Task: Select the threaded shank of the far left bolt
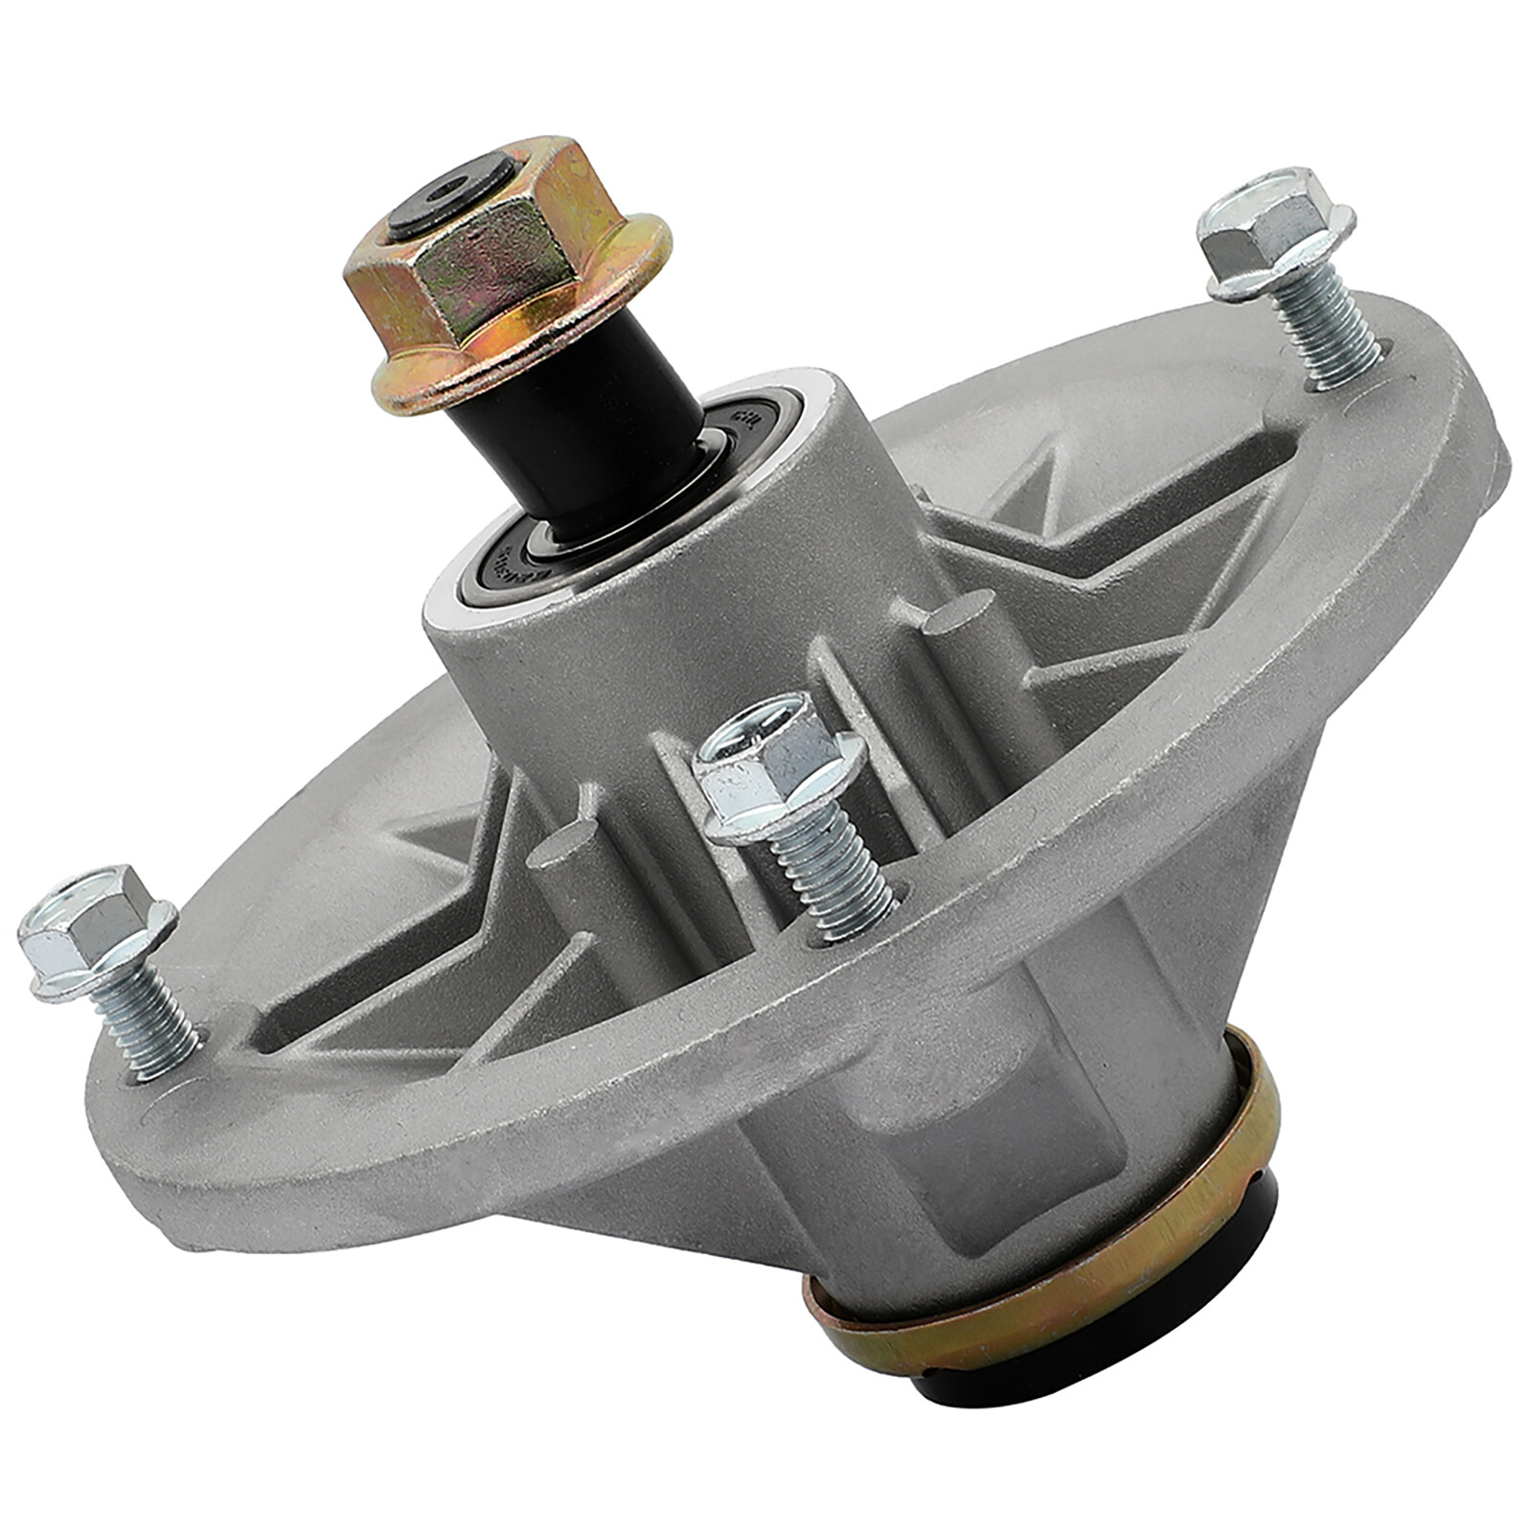tap(153, 1016)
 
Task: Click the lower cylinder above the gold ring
tap(958, 1150)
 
